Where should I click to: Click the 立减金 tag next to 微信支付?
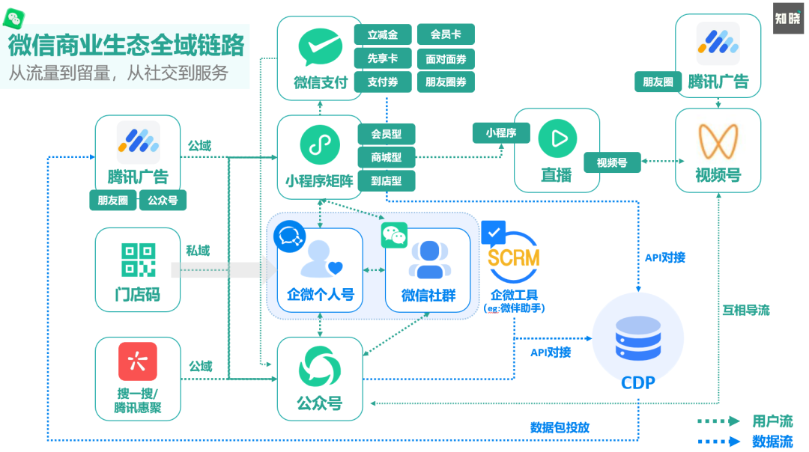click(383, 34)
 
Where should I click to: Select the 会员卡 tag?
click(446, 34)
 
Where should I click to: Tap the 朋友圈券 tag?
click(446, 82)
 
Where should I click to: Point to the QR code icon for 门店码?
click(138, 260)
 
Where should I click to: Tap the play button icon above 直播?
click(557, 138)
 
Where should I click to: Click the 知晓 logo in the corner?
click(788, 19)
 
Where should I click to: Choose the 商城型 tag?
click(387, 157)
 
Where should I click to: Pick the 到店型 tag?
click(387, 180)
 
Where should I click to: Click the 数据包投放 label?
click(560, 427)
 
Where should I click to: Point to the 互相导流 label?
click(745, 310)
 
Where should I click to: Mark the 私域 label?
click(199, 251)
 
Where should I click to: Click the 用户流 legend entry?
click(772, 421)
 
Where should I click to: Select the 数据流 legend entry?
click(772, 442)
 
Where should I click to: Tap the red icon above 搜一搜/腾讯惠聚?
click(138, 361)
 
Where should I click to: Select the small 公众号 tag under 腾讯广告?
click(163, 201)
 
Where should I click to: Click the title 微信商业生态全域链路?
click(126, 45)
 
